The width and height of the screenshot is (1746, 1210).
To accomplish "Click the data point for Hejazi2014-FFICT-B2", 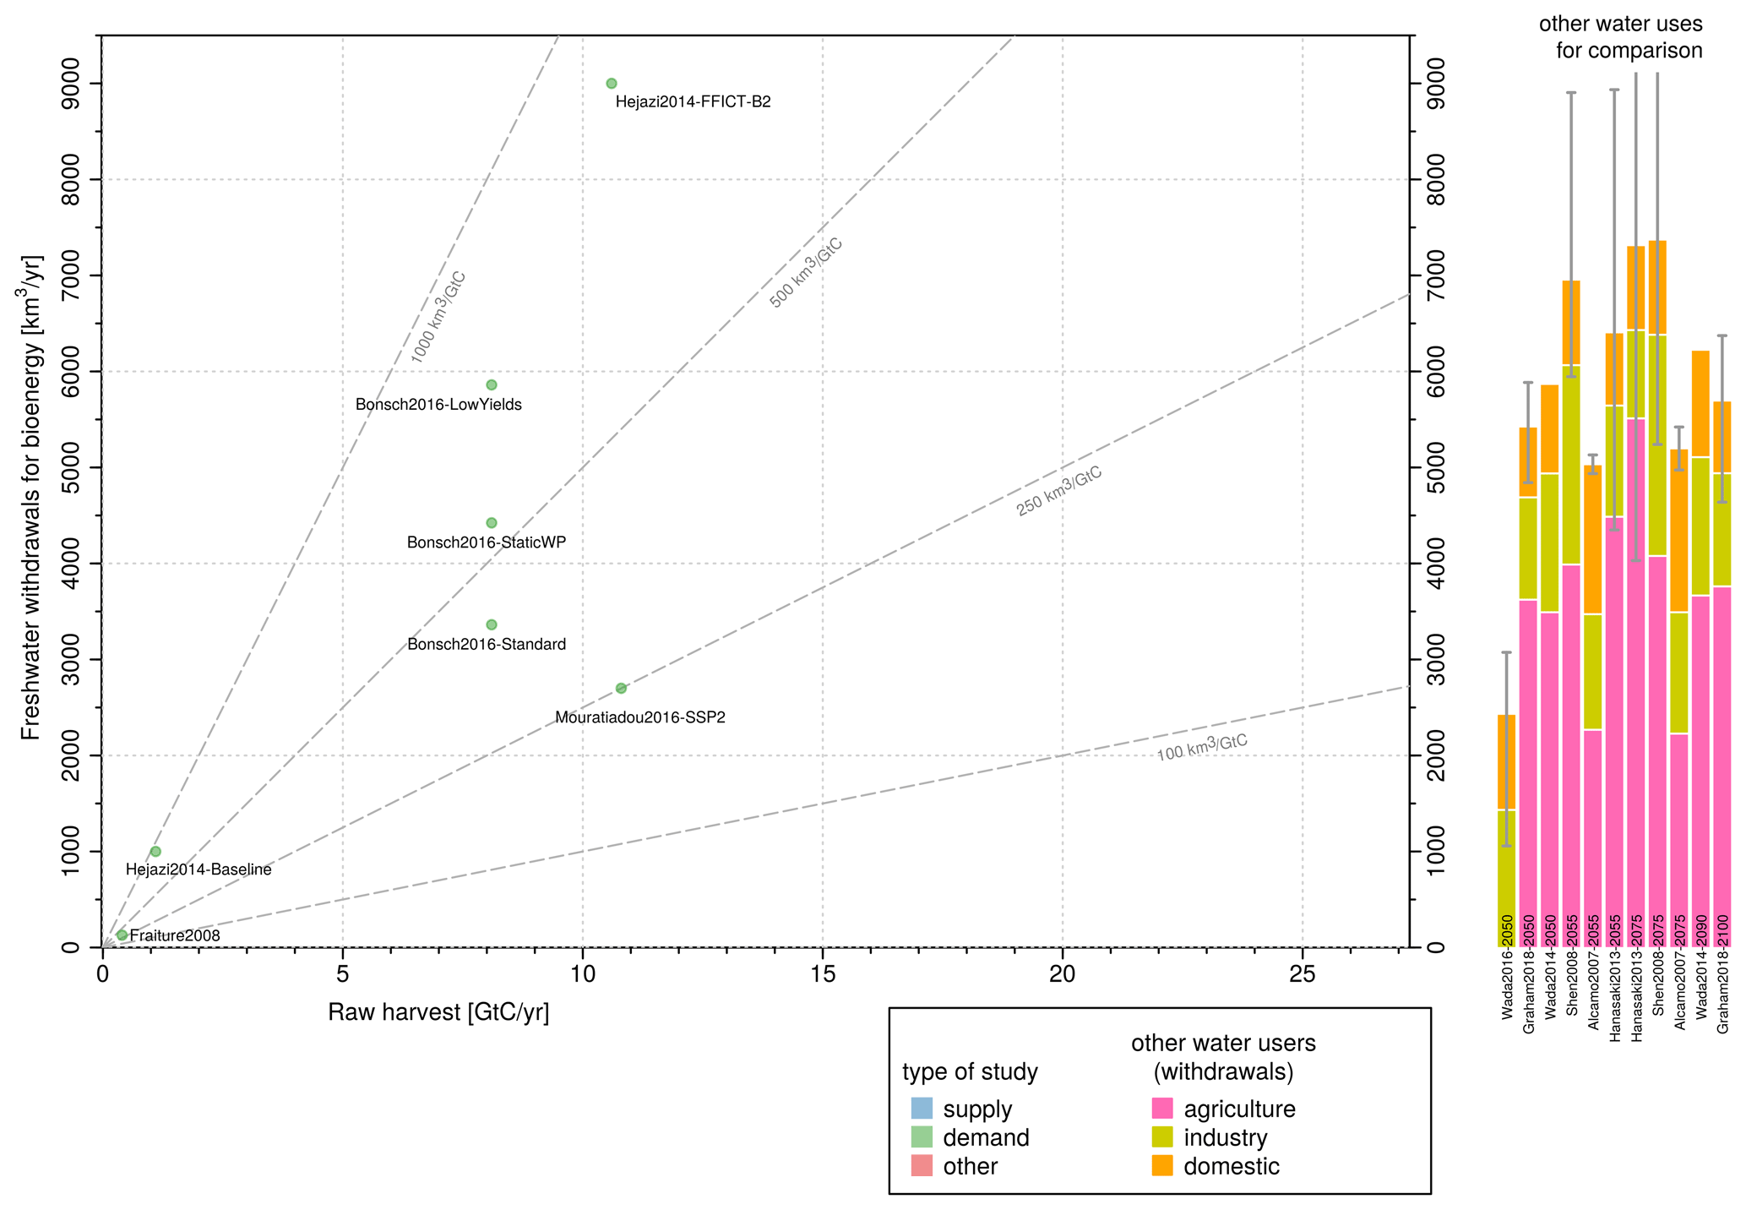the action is pos(612,83).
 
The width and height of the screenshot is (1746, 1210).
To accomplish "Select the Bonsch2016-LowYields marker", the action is pos(492,384).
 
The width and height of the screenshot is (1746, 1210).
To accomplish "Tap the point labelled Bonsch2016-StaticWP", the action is pos(492,522).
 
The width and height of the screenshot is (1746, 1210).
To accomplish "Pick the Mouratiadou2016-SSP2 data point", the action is pos(621,688).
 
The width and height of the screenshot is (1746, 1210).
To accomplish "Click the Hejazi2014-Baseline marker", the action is pos(155,851).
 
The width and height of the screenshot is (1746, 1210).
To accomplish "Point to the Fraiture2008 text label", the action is pos(175,935).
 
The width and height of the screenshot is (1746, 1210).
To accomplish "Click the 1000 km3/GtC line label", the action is pos(438,317).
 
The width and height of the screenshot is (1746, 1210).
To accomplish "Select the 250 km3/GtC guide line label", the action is pos(1059,491).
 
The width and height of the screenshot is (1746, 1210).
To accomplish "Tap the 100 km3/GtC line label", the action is pos(1202,748).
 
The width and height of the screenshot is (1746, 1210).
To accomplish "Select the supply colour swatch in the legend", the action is pos(922,1109).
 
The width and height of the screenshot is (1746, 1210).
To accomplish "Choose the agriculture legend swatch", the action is pos(1162,1109).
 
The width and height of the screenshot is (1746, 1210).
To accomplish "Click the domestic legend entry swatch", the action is pos(1162,1166).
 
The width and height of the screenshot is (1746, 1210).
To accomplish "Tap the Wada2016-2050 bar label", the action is pos(1507,967).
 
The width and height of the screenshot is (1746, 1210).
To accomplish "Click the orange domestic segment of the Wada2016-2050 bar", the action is pos(1506,762).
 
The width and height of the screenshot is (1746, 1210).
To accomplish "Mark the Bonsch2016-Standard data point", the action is pos(492,624).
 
